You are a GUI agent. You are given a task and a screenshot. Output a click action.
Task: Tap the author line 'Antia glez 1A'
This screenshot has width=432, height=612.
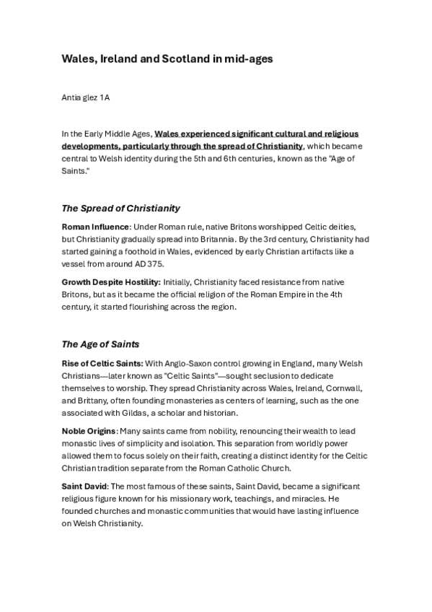pos(88,97)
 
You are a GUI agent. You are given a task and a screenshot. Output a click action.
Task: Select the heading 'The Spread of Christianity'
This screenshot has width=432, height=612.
pos(120,209)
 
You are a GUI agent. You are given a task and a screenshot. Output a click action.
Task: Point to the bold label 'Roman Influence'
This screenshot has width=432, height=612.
pos(90,227)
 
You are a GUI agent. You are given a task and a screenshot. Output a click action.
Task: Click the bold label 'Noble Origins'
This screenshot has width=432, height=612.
pos(89,431)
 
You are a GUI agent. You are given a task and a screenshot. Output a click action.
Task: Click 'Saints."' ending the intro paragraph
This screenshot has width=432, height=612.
pos(76,170)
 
